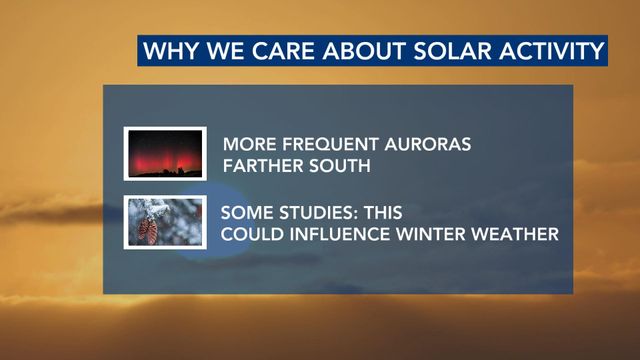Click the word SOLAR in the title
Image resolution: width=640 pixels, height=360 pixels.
point(452,51)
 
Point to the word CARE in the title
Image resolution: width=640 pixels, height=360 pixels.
point(284,51)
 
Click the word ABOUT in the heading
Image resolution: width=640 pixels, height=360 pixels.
point(365,51)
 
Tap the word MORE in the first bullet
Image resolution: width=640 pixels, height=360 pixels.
point(250,144)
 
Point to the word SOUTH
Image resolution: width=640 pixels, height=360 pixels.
point(340,166)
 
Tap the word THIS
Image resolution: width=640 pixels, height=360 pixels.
point(383,213)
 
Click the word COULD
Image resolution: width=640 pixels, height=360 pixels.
point(252,234)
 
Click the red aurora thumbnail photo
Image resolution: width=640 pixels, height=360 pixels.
point(165,154)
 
